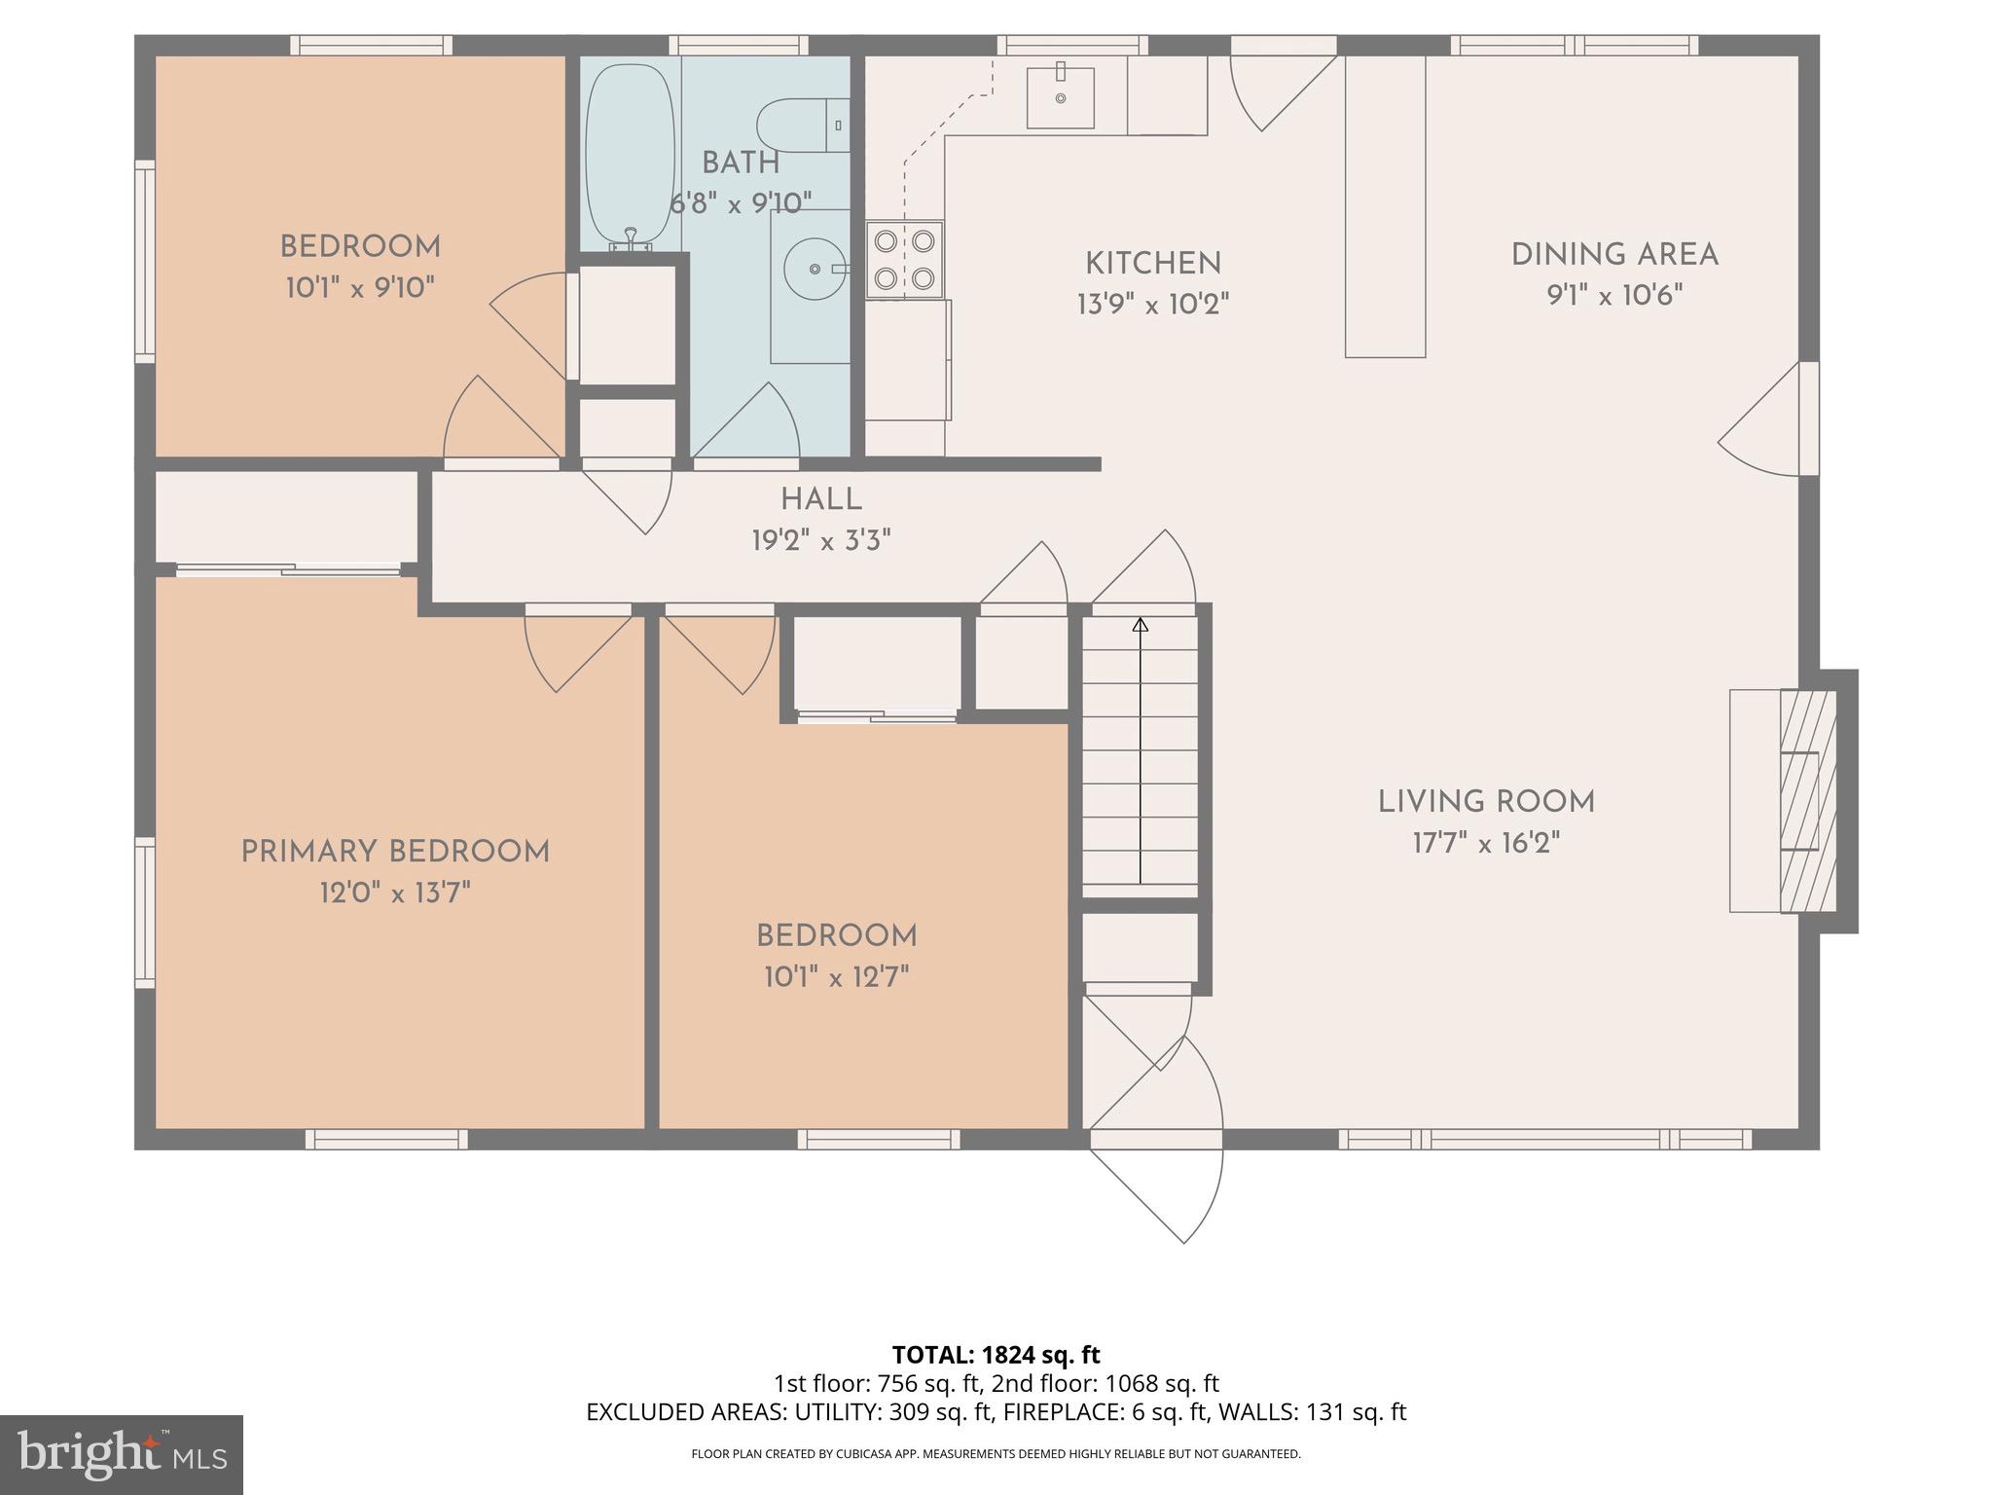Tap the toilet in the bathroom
coord(796,126)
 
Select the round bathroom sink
coord(814,269)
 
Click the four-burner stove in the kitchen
coord(905,259)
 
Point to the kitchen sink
coord(1061,97)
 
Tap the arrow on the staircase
coord(1141,626)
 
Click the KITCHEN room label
coord(1153,264)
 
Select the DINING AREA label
coord(1614,255)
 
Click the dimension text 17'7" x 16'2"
coord(1486,843)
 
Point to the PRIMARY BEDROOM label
coord(395,852)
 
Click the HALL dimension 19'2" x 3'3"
coord(821,540)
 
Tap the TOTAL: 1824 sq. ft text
coord(996,1355)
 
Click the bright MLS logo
coord(122,1454)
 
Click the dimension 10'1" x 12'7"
coord(836,977)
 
